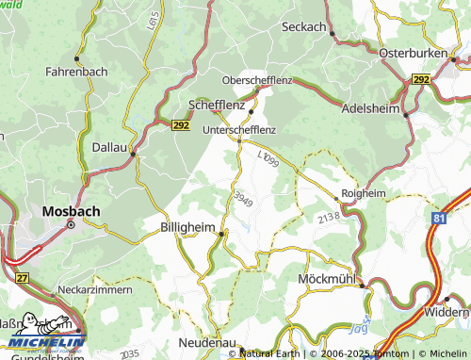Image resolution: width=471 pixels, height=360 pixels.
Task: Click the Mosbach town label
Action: tap(72, 212)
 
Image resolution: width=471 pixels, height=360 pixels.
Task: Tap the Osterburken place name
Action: tap(412, 55)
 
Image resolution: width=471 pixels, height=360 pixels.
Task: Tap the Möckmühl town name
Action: tap(325, 280)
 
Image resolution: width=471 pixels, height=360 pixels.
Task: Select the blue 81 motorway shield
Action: tap(440, 218)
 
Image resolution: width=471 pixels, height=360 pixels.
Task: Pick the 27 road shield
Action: tap(23, 278)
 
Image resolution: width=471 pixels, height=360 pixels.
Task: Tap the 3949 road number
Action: tap(243, 199)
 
